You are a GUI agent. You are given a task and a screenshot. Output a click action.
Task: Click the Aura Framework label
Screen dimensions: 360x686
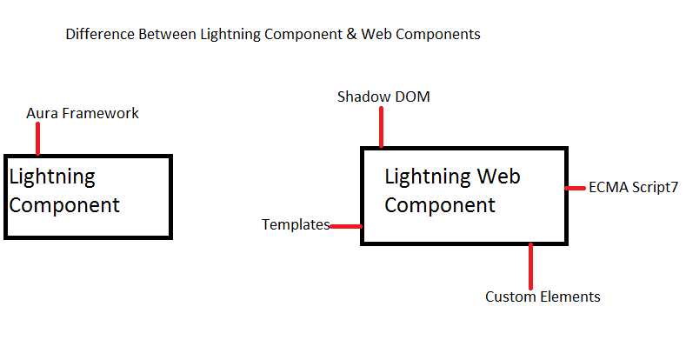(83, 113)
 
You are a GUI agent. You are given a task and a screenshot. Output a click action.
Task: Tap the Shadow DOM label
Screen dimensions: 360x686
(383, 97)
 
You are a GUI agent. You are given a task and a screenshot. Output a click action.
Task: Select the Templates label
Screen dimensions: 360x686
(296, 225)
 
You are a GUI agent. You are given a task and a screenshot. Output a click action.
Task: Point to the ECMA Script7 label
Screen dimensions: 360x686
(633, 187)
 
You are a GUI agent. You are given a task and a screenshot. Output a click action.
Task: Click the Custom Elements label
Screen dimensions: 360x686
(543, 297)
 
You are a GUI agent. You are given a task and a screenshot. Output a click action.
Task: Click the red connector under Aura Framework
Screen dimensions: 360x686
(37, 138)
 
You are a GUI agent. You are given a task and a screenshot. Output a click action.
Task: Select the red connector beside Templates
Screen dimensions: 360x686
(346, 226)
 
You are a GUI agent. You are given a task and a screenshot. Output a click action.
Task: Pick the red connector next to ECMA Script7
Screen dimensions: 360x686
(576, 187)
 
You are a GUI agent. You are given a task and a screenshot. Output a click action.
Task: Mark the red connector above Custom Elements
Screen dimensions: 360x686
(530, 264)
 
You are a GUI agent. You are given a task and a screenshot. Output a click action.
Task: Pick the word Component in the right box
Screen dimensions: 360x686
(440, 205)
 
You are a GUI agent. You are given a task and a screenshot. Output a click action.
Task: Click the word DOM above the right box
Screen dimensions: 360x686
(411, 97)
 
